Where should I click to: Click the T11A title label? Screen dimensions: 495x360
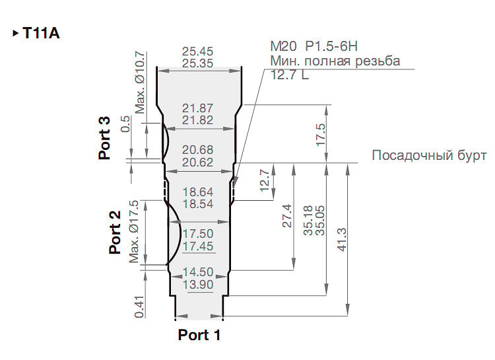tap(41, 33)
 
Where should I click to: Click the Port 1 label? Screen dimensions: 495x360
tap(199, 335)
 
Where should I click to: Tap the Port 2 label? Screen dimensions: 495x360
tap(115, 232)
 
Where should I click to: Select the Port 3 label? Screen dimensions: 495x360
tap(104, 138)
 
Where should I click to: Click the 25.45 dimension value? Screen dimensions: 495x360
tap(197, 52)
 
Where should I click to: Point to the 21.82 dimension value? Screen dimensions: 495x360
tap(197, 120)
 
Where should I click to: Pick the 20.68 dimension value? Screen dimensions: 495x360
tap(197, 150)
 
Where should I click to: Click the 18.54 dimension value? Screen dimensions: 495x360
tap(198, 204)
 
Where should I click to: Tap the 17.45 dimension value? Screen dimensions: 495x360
tap(198, 246)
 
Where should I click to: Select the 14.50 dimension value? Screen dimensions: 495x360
tap(198, 272)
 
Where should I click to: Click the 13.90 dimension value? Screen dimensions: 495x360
tap(198, 285)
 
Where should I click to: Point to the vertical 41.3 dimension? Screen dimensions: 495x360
tap(342, 239)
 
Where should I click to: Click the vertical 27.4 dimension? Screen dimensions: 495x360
tap(287, 215)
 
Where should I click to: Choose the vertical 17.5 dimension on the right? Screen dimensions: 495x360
tap(321, 135)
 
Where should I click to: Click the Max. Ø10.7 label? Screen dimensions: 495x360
tap(140, 83)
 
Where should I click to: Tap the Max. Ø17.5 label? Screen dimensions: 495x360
tap(134, 231)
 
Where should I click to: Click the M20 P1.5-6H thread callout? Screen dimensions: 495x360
tap(314, 46)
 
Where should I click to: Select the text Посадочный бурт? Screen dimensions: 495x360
tap(429, 155)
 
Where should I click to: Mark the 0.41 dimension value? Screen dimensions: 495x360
tap(139, 306)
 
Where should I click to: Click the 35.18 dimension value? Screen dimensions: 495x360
tap(308, 221)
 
